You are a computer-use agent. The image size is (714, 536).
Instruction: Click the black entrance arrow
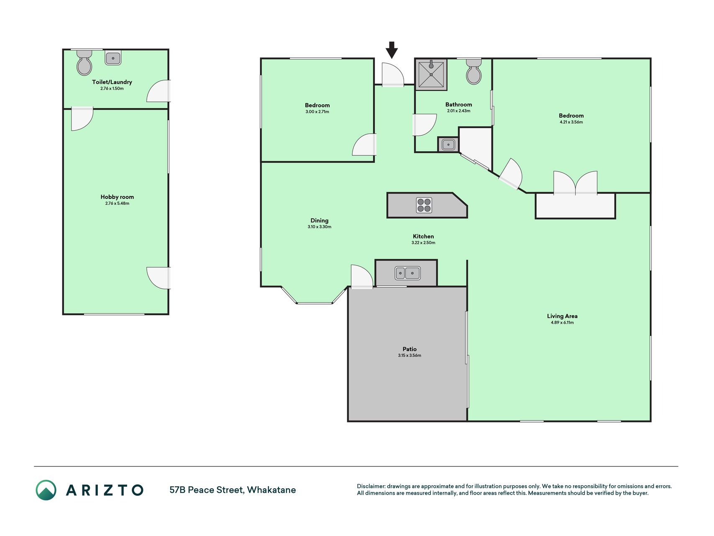click(392, 50)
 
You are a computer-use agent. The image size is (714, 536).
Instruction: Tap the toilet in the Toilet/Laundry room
click(84, 62)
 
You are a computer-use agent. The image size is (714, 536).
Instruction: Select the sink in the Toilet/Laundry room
click(113, 58)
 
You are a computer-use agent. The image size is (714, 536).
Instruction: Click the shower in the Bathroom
click(431, 75)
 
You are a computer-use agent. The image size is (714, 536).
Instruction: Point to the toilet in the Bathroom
click(474, 71)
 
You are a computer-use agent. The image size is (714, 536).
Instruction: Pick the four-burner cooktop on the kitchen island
click(424, 205)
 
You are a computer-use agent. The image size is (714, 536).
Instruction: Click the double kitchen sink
click(407, 273)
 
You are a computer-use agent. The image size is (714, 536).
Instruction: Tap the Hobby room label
click(117, 197)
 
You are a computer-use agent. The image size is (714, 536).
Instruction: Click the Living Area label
click(562, 316)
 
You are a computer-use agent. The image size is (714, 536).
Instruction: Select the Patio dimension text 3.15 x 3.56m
click(409, 356)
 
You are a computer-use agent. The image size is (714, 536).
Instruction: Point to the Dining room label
click(319, 221)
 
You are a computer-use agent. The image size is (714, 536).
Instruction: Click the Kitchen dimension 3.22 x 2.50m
click(423, 243)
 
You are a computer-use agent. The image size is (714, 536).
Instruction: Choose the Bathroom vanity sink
click(448, 144)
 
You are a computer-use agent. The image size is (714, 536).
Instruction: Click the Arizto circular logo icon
click(46, 490)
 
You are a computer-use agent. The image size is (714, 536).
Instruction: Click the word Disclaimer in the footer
click(371, 486)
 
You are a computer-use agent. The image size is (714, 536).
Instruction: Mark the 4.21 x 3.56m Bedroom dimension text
click(571, 122)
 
